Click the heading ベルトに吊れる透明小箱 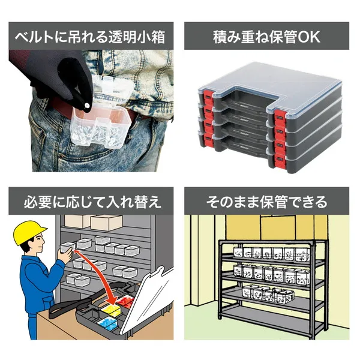click(90, 37)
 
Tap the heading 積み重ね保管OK click(266, 37)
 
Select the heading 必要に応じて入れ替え click(92, 202)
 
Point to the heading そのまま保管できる click(267, 202)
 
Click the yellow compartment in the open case click(111, 310)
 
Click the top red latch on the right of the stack click(280, 118)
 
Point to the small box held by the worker click(67, 247)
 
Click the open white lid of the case click(147, 298)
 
